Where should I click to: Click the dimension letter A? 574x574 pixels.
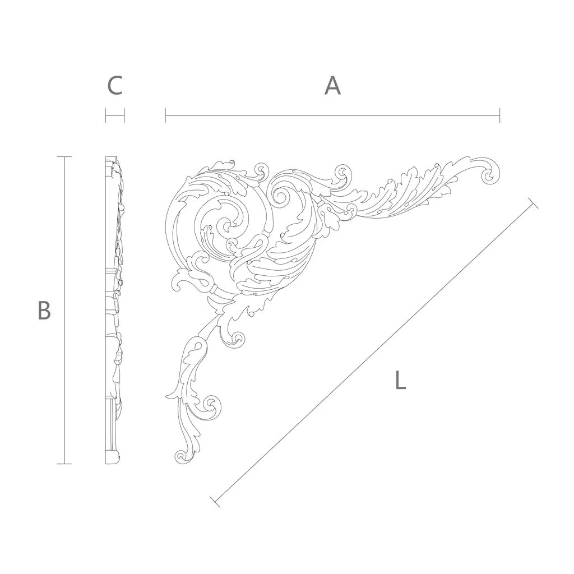332,86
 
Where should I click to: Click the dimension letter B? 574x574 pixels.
44,311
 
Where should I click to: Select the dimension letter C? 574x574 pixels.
114,86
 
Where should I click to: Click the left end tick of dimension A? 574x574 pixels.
165,115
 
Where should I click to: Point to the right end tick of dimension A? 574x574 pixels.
499,115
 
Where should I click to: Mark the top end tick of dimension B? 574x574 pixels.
64,157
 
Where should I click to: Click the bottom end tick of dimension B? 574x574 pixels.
64,464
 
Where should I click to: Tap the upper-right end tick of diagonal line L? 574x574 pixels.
534,203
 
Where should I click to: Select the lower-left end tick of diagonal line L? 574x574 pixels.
215,502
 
